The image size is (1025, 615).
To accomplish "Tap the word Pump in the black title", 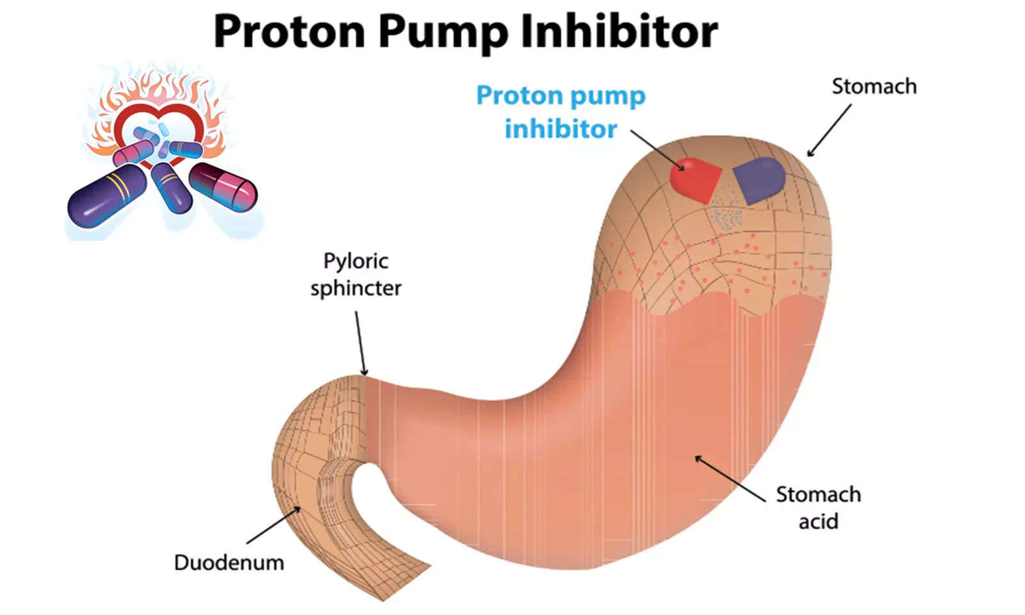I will [442, 32].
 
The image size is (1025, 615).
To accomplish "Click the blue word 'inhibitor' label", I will [561, 129].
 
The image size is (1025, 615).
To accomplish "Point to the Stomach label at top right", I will [874, 86].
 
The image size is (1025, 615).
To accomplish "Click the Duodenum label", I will [229, 562].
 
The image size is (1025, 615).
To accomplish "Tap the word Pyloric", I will [356, 261].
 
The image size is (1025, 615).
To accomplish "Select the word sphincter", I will [356, 288].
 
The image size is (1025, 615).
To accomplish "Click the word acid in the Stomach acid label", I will [818, 521].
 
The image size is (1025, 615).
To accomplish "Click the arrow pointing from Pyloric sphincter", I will [360, 343].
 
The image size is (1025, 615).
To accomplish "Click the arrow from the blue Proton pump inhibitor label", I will [657, 150].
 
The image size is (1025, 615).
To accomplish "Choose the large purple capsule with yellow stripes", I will [106, 196].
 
